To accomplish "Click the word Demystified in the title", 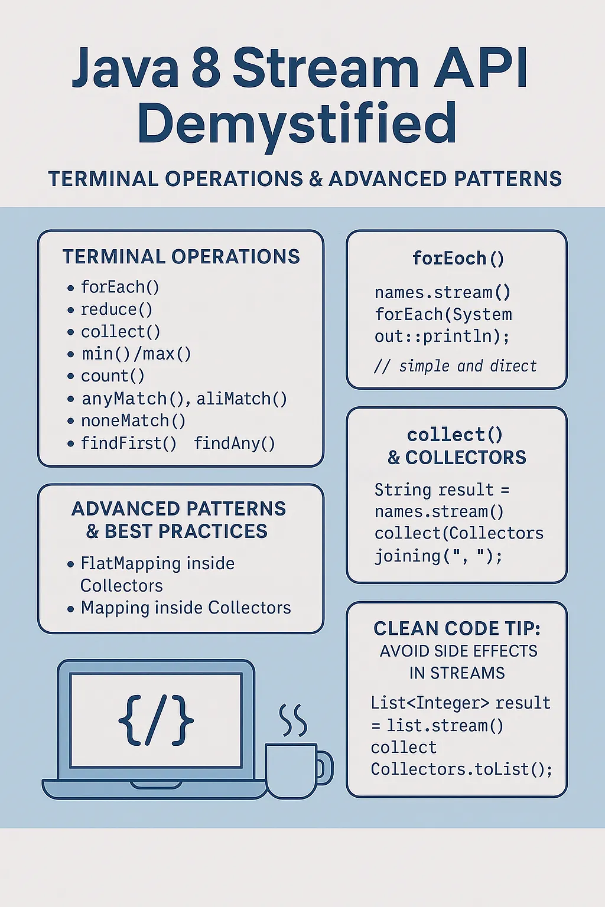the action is [297, 124].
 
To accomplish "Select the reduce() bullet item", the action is [116, 309].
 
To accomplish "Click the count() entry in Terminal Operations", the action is [112, 376].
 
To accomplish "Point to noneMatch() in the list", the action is [134, 421].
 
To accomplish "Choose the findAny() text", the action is [235, 443].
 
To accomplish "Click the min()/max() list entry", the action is [136, 354].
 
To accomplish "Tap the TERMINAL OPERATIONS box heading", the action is [181, 257].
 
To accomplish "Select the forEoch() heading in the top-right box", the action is [458, 259].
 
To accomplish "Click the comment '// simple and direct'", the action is [456, 367].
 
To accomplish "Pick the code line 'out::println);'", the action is [442, 337].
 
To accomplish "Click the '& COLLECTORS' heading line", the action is [457, 458].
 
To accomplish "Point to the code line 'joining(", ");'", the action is [438, 556].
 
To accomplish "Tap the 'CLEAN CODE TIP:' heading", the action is [457, 628].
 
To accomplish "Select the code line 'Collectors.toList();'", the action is [461, 769].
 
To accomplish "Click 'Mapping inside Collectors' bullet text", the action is [186, 608].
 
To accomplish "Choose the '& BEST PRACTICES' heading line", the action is [177, 531].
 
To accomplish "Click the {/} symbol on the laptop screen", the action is [156, 720].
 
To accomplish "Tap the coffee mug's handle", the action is [324, 767].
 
